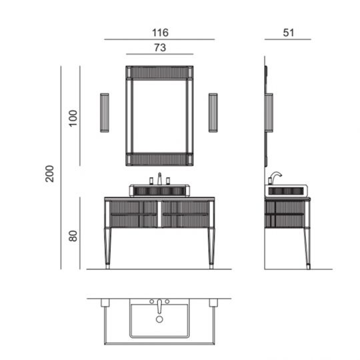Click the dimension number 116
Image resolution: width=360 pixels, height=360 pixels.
point(159,32)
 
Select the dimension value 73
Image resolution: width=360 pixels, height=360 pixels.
point(159,47)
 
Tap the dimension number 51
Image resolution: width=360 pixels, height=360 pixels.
point(288,32)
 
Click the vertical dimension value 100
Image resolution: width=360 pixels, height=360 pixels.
point(73,117)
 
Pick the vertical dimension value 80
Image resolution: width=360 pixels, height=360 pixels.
point(73,235)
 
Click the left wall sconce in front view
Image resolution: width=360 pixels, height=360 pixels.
point(104,113)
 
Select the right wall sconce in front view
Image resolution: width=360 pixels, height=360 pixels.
point(213,113)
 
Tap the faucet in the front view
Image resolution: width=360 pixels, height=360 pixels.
point(159,179)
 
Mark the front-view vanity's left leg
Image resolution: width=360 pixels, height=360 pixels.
point(108,247)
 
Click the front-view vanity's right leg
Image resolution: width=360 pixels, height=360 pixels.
point(211,247)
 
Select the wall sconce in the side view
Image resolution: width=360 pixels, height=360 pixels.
point(269,113)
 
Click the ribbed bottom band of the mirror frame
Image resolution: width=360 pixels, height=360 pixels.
point(159,159)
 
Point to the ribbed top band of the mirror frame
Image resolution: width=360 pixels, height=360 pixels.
point(159,73)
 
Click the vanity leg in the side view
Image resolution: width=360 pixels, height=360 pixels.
point(307,248)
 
